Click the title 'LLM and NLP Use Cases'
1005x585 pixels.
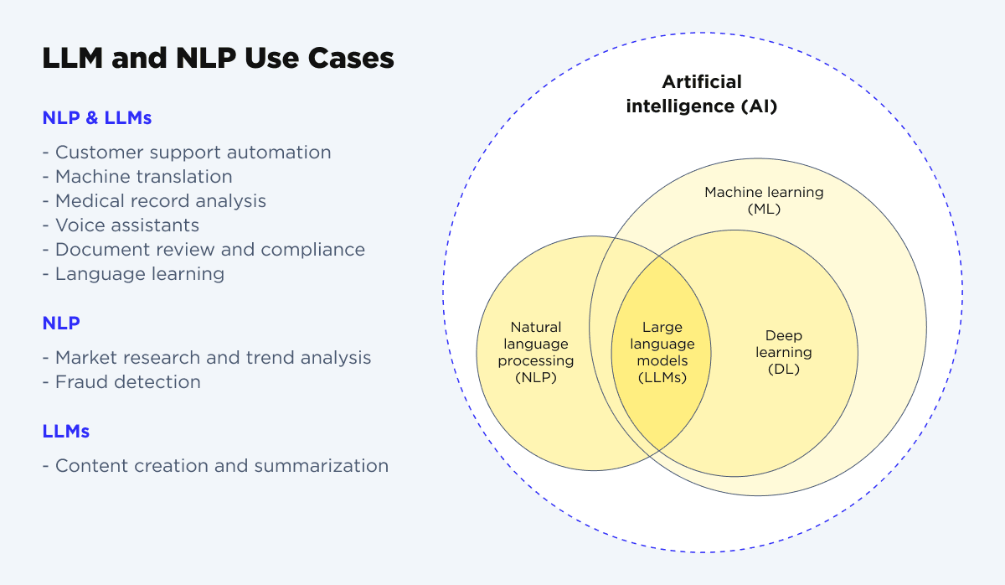click(x=218, y=59)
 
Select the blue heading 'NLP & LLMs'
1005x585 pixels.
click(x=97, y=118)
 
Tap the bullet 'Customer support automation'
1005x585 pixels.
click(x=187, y=153)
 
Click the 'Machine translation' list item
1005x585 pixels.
click(x=137, y=177)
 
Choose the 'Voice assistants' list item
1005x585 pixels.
click(x=121, y=225)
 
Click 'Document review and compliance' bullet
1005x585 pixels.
click(x=204, y=250)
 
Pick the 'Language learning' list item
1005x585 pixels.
click(x=133, y=274)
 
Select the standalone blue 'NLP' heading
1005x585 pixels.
click(x=61, y=323)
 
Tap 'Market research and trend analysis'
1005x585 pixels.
click(x=207, y=358)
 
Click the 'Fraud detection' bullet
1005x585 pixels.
click(x=121, y=382)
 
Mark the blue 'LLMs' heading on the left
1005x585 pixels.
click(x=66, y=432)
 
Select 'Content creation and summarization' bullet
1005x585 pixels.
click(x=215, y=466)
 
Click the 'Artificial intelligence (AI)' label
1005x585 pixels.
click(x=702, y=94)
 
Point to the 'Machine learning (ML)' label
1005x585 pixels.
click(x=764, y=200)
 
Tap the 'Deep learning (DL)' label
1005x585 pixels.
click(x=784, y=352)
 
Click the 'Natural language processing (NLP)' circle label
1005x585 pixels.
click(x=536, y=352)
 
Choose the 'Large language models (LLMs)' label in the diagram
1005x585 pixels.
click(x=662, y=352)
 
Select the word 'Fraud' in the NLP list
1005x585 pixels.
click(x=79, y=382)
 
